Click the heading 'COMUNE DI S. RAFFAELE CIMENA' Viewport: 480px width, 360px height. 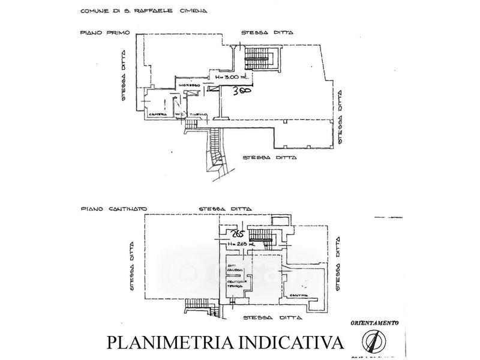tap(139, 11)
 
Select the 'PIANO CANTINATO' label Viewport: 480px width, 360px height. tap(109, 210)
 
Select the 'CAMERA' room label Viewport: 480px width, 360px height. tap(158, 114)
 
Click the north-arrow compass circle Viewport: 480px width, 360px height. tap(373, 343)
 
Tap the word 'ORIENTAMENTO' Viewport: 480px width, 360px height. tap(376, 323)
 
